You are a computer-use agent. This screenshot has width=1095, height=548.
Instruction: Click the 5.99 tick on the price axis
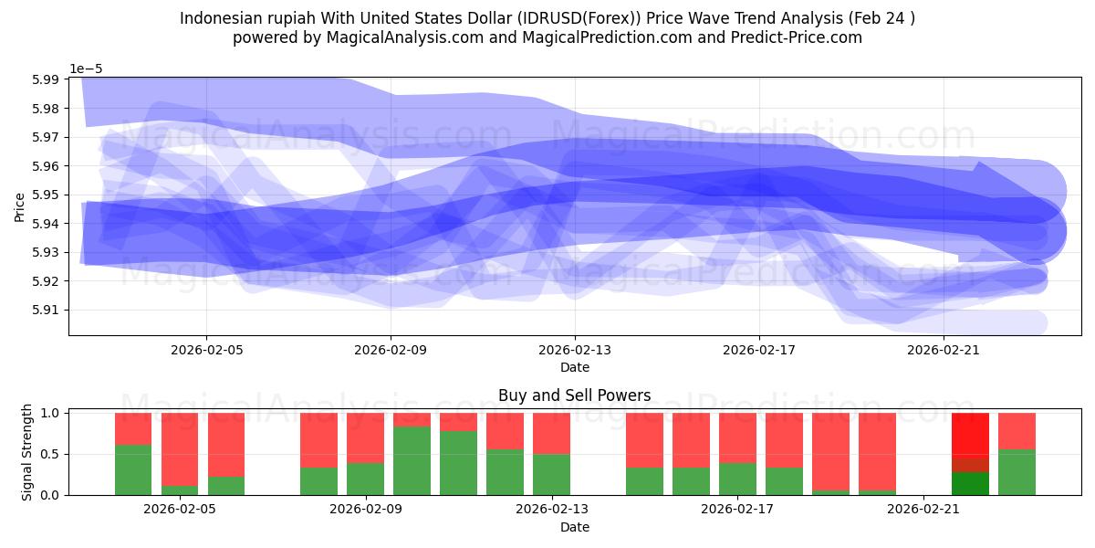(44, 79)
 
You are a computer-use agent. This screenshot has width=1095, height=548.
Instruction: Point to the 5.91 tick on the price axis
(44, 310)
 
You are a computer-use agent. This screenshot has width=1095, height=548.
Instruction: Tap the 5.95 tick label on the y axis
(44, 195)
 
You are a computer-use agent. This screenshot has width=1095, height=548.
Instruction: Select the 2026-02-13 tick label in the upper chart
(575, 349)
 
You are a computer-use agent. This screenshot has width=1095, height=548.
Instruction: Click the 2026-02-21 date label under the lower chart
(923, 509)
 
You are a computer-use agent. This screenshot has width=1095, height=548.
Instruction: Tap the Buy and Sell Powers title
(575, 395)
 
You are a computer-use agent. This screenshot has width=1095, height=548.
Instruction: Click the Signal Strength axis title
(26, 453)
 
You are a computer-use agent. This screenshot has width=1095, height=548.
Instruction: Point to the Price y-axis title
(19, 206)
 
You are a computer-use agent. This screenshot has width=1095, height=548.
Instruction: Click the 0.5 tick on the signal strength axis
(51, 454)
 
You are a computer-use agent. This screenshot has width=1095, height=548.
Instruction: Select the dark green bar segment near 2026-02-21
(970, 483)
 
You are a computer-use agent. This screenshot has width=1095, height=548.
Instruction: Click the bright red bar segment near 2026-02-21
(970, 442)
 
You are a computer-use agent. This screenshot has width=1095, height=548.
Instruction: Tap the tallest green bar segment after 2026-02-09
(412, 460)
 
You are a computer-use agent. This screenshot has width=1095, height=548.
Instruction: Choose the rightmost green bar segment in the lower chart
(1017, 472)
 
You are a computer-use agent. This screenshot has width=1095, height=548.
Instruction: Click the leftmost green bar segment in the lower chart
(133, 469)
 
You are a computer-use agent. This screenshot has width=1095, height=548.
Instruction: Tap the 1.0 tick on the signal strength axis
(51, 413)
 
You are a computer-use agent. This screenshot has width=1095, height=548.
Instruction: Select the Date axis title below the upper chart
(575, 367)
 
